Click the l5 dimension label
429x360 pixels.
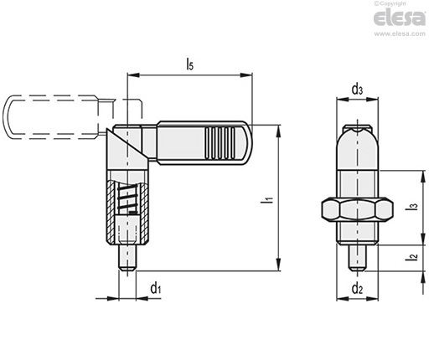(190, 64)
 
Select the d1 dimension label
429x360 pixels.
(156, 288)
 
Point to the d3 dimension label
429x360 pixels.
(357, 90)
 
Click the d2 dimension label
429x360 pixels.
(357, 288)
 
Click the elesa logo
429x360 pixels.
(400, 18)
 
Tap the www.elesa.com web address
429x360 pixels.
(400, 34)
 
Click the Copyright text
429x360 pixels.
(390, 3)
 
